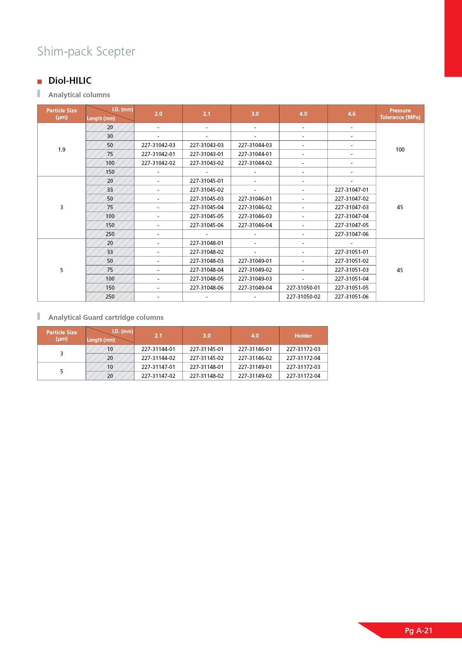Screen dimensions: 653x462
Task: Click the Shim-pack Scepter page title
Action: pyautogui.click(x=86, y=51)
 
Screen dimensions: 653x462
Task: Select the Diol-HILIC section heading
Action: pyautogui.click(x=70, y=81)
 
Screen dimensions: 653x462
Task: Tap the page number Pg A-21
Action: pyautogui.click(x=418, y=631)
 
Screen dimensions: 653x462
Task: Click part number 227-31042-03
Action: pyautogui.click(x=158, y=145)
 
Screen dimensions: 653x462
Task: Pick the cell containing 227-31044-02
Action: pyautogui.click(x=255, y=163)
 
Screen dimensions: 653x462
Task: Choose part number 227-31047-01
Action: pyautogui.click(x=351, y=190)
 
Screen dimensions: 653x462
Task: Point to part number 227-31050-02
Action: pyautogui.click(x=303, y=297)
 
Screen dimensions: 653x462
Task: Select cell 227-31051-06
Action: pyautogui.click(x=351, y=297)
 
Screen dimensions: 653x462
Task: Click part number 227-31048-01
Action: pyautogui.click(x=206, y=243)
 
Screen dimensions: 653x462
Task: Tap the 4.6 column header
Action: pyautogui.click(x=351, y=114)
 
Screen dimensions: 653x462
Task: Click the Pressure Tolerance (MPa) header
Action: pyautogui.click(x=400, y=114)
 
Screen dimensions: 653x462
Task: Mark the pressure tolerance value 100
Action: pyautogui.click(x=400, y=150)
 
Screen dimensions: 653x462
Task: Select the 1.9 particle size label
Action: pyautogui.click(x=61, y=150)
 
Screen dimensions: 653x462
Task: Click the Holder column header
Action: pyautogui.click(x=303, y=336)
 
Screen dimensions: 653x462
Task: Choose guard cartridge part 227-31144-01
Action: pyautogui.click(x=158, y=349)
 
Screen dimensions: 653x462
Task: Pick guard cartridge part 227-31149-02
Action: pyautogui.click(x=255, y=376)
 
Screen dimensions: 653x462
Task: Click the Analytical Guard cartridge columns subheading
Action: pyautogui.click(x=106, y=318)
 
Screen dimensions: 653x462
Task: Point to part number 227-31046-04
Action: pyautogui.click(x=255, y=225)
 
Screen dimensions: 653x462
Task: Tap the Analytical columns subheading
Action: pyautogui.click(x=79, y=95)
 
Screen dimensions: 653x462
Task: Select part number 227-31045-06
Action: pyautogui.click(x=206, y=225)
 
